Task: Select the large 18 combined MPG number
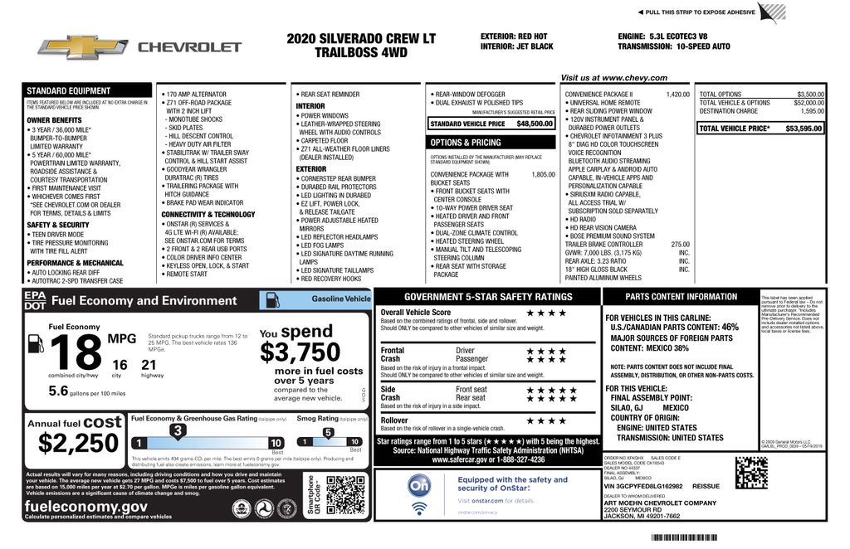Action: (x=76, y=352)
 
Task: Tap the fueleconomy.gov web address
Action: (x=86, y=506)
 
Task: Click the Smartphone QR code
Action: (x=345, y=496)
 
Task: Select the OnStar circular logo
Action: (x=420, y=485)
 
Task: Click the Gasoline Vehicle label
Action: (x=340, y=299)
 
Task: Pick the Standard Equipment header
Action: (x=68, y=90)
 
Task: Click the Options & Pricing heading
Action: (x=466, y=143)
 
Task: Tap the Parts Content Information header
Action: (x=681, y=297)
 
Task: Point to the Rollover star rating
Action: (x=545, y=421)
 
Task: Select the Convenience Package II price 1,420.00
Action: (x=677, y=95)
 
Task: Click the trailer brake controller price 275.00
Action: (x=680, y=245)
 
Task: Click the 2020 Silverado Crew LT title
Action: (x=360, y=39)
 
